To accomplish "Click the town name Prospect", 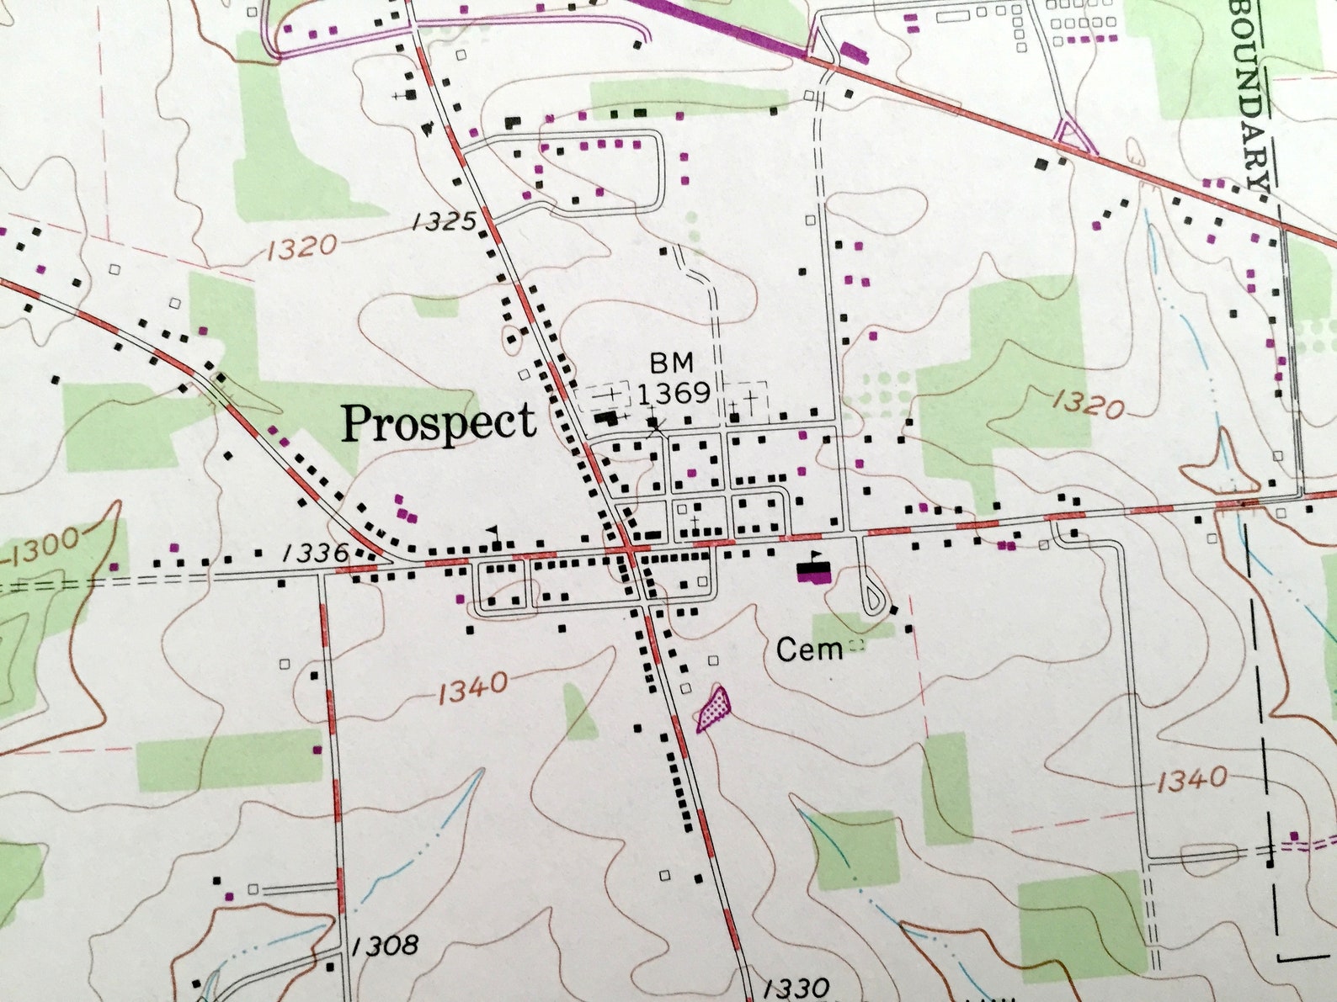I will tap(438, 422).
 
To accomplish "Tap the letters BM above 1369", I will tap(671, 363).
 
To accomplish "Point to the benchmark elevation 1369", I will tap(674, 393).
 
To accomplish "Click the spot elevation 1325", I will tap(445, 222).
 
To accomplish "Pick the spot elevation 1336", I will tap(316, 553).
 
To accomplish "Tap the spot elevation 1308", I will tap(385, 945).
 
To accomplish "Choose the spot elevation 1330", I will tap(796, 986).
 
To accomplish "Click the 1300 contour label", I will tap(46, 547).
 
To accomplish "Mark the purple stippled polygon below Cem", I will tap(713, 707).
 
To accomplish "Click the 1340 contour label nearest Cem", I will tap(472, 688).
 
